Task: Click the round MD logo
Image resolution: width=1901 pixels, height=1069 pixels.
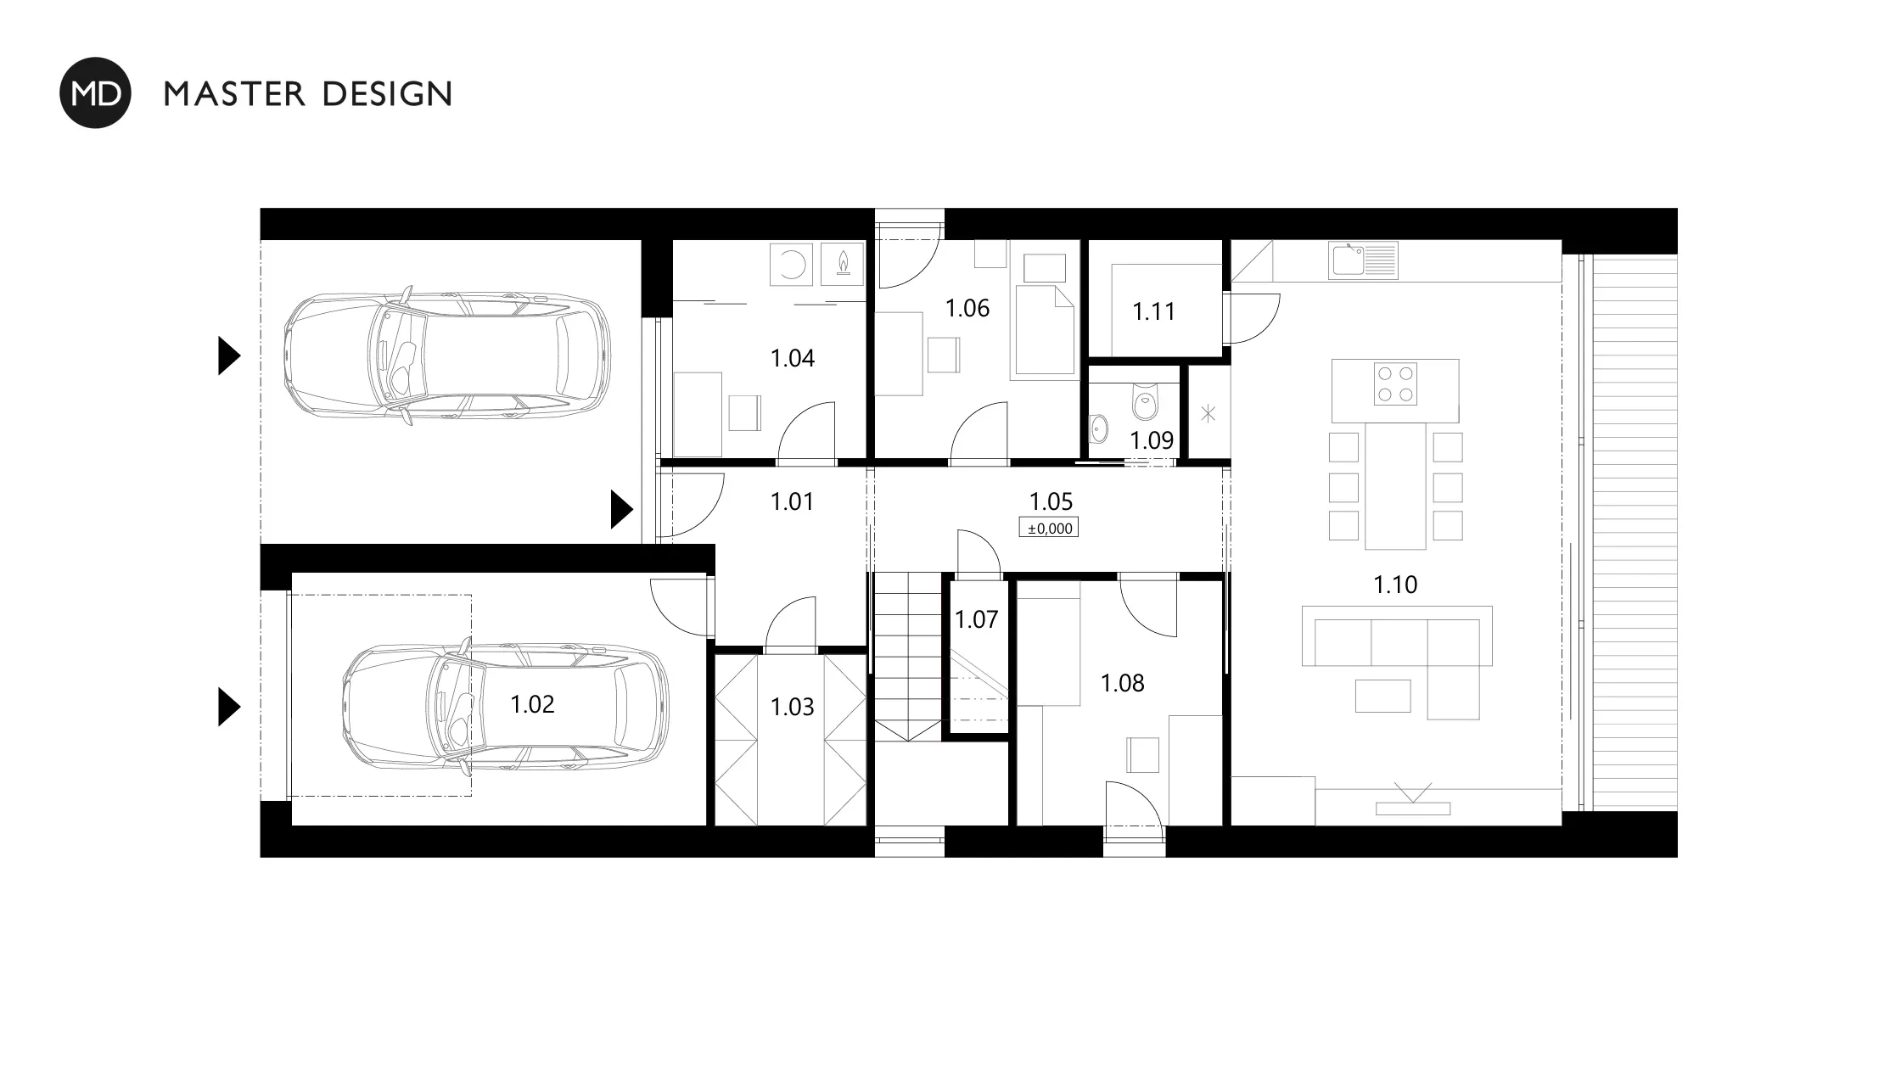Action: [x=95, y=92]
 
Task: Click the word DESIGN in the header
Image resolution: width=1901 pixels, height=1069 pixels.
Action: [x=388, y=93]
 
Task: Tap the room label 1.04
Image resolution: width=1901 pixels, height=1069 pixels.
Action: [x=792, y=358]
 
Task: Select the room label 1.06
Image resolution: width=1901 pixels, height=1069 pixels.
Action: [x=967, y=308]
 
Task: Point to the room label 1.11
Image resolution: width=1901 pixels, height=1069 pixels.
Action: [x=1154, y=311]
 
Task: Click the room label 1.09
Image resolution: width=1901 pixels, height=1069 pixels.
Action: [x=1152, y=440]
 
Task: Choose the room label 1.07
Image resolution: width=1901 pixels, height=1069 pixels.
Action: [x=976, y=619]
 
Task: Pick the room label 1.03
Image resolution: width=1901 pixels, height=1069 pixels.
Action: [x=792, y=707]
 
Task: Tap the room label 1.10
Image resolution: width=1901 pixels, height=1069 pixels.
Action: [x=1395, y=585]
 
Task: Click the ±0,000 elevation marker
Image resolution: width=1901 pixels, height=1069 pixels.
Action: [x=1049, y=529]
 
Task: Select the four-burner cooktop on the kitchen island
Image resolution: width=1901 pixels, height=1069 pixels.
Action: [x=1395, y=383]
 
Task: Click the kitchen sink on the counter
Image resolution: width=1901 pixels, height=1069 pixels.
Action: [x=1363, y=260]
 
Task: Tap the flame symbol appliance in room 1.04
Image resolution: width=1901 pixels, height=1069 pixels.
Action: [x=843, y=263]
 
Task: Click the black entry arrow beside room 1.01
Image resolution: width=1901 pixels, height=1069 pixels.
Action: [x=622, y=509]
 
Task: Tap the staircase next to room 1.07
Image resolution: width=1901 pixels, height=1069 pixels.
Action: [x=908, y=657]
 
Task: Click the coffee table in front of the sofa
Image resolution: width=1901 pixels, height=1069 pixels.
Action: [x=1382, y=696]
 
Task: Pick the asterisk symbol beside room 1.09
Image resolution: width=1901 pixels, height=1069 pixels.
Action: [x=1208, y=414]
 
